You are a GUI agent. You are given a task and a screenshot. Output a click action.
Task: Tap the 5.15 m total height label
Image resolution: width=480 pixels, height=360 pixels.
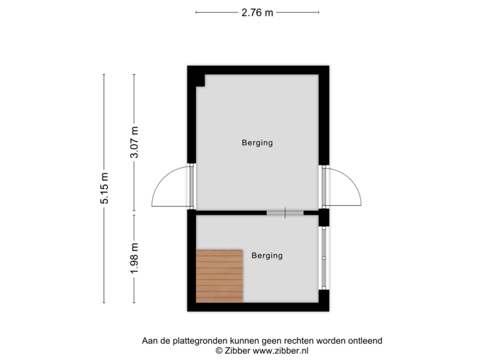tap(105, 189)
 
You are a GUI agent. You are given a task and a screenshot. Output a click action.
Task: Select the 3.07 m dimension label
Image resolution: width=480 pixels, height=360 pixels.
tap(135, 143)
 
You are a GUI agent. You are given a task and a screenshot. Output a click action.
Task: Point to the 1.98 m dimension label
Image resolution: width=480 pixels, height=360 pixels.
tap(135, 258)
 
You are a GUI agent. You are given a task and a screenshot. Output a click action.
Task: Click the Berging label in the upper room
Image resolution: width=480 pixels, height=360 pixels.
tap(257, 142)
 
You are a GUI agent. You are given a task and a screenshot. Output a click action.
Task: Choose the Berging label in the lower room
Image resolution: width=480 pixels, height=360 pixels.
tap(267, 255)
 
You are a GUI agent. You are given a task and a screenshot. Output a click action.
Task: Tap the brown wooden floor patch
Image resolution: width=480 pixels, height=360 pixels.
tap(219, 276)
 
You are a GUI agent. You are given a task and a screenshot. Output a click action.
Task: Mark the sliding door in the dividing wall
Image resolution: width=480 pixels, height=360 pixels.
tap(285, 213)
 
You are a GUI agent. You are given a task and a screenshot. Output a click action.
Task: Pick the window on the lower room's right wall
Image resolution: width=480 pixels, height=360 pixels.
tap(324, 257)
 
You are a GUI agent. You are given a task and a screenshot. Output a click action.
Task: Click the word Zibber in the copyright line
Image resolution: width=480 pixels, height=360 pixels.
tap(233, 350)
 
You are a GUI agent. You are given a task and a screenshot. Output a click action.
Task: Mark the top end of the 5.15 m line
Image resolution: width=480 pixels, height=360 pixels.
tap(105, 74)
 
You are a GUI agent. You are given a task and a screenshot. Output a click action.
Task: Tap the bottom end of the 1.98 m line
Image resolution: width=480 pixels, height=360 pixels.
tap(135, 301)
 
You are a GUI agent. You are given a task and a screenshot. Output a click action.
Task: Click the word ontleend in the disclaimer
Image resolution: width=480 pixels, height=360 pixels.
tap(366, 341)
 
